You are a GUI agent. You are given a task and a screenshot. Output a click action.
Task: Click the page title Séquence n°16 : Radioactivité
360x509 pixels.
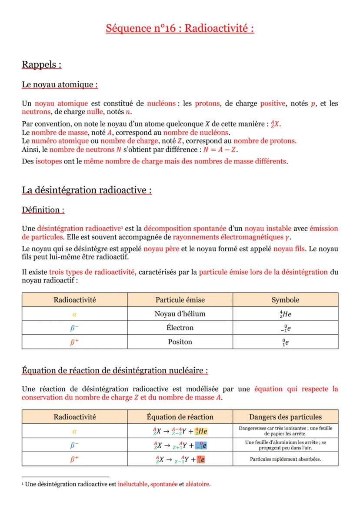click(180, 29)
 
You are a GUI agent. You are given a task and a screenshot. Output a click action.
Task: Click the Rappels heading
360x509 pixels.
click(41, 65)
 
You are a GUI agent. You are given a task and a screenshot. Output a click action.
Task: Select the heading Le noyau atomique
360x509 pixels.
click(60, 84)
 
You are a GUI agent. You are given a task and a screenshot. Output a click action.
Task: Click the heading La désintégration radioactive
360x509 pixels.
click(87, 190)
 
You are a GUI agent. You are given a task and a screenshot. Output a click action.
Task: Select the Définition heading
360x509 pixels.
click(43, 210)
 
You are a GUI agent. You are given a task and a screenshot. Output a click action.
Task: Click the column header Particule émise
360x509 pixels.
click(180, 300)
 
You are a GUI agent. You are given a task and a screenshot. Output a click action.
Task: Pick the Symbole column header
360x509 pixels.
click(285, 300)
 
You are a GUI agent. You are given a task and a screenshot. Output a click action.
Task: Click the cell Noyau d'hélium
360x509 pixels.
click(180, 314)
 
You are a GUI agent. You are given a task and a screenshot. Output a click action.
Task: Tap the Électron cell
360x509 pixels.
click(180, 328)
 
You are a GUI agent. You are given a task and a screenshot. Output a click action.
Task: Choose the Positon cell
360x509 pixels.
click(180, 342)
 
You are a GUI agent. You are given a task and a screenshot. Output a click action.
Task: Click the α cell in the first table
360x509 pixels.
click(74, 314)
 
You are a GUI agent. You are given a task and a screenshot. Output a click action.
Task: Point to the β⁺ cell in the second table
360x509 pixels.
click(74, 459)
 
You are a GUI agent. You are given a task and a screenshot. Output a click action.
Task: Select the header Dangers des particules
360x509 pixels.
click(285, 417)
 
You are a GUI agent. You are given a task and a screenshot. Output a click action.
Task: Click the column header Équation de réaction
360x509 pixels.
click(180, 417)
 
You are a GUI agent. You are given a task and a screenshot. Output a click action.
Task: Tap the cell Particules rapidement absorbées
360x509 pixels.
click(285, 459)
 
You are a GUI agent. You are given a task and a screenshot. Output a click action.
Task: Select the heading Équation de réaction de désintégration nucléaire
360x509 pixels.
click(115, 370)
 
